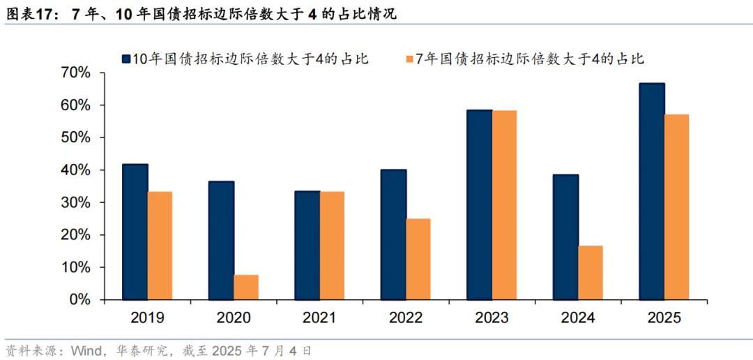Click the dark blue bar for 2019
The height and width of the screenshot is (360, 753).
point(135,232)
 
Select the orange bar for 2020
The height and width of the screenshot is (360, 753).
point(245,287)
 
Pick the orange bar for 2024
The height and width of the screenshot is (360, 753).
point(591,273)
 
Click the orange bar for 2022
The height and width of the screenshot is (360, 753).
point(418,259)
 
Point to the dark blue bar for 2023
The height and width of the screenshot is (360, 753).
point(480,204)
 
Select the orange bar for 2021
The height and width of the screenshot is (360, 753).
point(332,246)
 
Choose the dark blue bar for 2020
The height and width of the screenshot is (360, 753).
point(221,240)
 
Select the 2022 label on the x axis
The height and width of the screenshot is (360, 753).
point(406,318)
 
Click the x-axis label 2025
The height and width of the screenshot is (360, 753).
point(664,318)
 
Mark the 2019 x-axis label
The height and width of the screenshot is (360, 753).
point(147,318)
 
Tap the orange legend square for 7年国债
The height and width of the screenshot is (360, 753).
point(409,59)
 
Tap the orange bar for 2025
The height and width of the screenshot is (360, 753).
point(676,207)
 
